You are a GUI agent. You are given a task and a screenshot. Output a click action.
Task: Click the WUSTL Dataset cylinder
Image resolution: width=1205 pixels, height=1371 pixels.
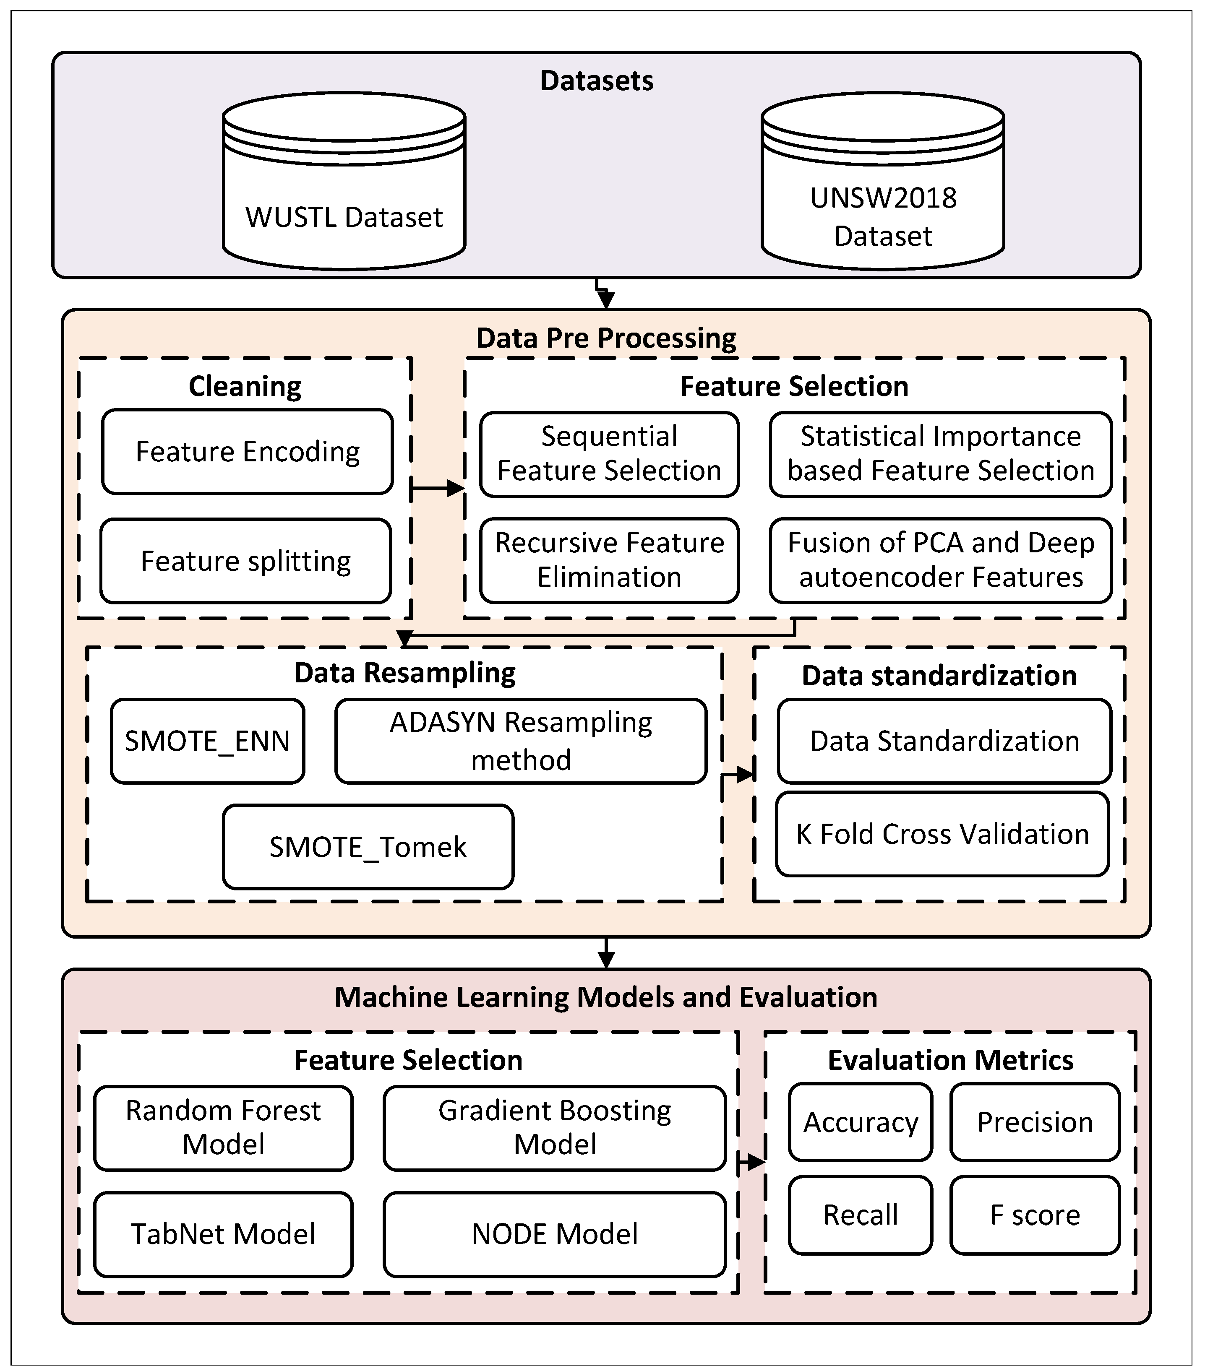click(x=344, y=181)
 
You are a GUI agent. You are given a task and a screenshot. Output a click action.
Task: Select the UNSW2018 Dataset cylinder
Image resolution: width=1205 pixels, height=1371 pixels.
click(x=883, y=181)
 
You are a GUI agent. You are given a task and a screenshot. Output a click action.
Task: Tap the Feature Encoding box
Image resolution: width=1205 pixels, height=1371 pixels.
click(x=248, y=451)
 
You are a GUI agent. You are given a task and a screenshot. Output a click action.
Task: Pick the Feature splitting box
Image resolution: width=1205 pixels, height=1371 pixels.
click(x=245, y=561)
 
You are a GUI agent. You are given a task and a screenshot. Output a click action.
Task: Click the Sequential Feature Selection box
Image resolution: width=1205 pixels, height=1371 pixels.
click(x=609, y=454)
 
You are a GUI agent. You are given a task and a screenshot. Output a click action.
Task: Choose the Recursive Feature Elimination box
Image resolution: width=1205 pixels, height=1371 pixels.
click(x=609, y=560)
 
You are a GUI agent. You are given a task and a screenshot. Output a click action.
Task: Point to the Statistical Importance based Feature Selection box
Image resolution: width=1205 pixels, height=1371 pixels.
click(x=941, y=454)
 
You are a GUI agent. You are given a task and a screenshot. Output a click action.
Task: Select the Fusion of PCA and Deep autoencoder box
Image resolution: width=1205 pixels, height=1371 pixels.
click(x=941, y=560)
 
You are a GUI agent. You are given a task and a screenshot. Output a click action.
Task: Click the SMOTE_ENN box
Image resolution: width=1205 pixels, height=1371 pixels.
click(x=207, y=741)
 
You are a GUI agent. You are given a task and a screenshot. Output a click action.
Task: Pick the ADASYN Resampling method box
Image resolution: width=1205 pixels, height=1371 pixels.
click(x=521, y=741)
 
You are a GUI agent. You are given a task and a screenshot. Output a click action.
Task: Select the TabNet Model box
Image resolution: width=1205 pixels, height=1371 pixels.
click(x=224, y=1234)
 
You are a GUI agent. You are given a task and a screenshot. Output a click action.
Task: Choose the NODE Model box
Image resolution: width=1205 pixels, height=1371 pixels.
click(x=555, y=1234)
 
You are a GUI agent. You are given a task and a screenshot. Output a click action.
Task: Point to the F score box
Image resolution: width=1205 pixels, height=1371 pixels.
click(x=1035, y=1215)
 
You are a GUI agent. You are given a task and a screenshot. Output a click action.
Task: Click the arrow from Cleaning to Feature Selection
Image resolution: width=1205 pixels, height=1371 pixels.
click(x=438, y=488)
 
